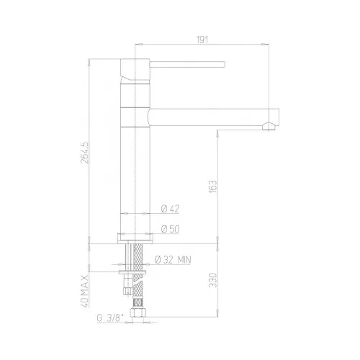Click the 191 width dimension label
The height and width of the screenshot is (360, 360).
202,40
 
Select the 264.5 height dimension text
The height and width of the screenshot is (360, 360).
84,153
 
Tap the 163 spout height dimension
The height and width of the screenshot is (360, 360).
213,186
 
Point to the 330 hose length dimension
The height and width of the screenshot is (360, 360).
213,280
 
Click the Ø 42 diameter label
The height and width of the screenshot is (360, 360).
170,209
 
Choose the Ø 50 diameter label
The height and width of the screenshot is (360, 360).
170,229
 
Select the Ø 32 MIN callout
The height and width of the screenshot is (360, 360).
173,260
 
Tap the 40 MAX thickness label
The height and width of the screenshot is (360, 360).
85,291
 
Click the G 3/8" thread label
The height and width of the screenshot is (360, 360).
109,318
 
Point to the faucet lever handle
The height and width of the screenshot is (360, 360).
187,64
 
